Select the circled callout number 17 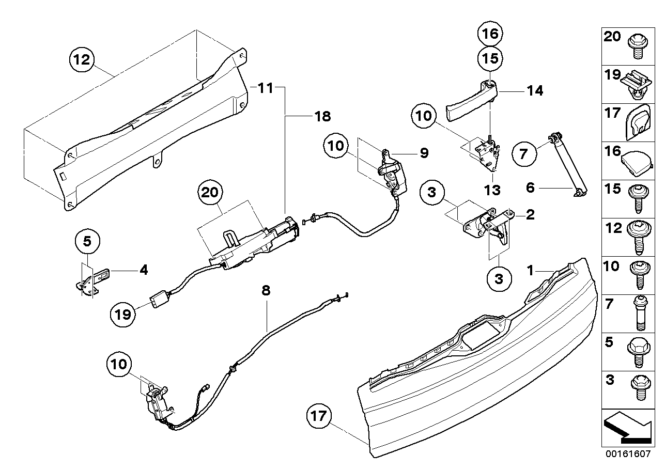pos(319,416)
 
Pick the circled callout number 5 pos(87,241)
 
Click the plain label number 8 pos(266,291)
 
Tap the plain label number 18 pos(322,117)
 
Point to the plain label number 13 pos(492,190)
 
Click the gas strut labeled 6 pos(566,164)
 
